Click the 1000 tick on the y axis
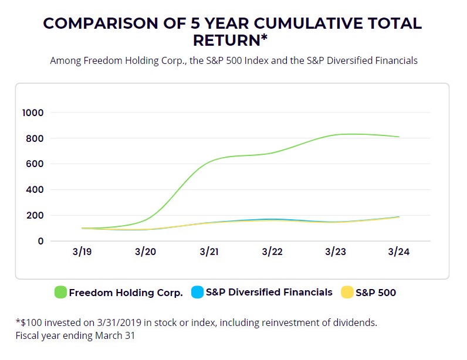point(33,113)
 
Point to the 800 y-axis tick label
point(35,138)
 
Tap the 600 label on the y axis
point(35,164)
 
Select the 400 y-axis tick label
point(35,189)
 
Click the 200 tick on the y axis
point(35,215)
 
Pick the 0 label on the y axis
point(41,241)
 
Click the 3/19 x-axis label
point(82,252)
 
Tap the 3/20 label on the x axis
point(145,252)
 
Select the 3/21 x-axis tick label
point(209,252)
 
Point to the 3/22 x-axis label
point(272,252)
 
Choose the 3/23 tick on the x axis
point(336,252)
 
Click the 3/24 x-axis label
point(399,252)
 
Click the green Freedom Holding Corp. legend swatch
point(60,292)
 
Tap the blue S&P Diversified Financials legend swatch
point(198,292)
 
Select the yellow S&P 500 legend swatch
point(347,292)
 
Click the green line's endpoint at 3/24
point(399,137)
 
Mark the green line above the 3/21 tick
point(209,162)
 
